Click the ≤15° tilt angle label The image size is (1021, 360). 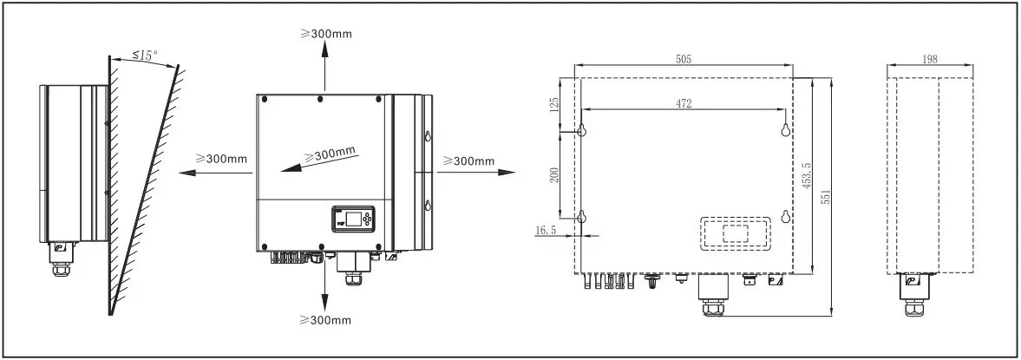click(x=145, y=56)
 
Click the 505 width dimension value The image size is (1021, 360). click(x=685, y=58)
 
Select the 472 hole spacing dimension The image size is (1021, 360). click(x=684, y=103)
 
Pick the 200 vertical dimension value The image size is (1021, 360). click(x=556, y=173)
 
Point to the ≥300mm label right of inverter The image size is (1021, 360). click(x=468, y=160)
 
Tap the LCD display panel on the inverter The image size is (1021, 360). click(x=353, y=219)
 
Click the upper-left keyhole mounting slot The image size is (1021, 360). click(x=582, y=130)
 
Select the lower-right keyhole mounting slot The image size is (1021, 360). click(x=786, y=217)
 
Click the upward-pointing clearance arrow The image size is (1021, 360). click(x=325, y=65)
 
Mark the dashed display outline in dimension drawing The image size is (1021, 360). click(x=735, y=232)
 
